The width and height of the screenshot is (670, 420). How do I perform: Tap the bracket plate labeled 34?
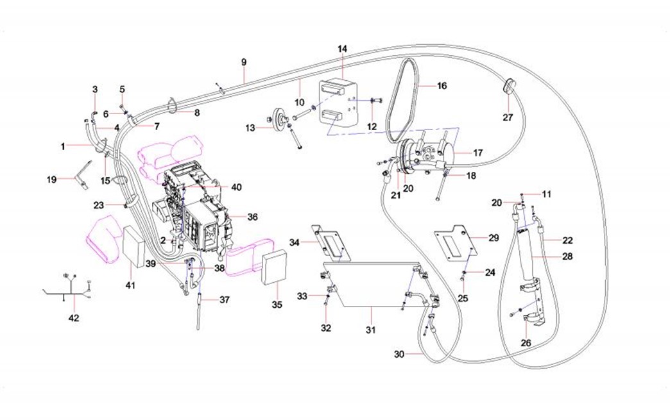(x=333, y=244)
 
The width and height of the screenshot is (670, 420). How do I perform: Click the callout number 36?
(x=252, y=217)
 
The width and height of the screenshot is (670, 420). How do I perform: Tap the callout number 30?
(x=399, y=354)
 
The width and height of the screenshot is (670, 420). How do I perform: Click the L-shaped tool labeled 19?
(x=81, y=174)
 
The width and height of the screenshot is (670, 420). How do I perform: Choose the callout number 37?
(x=224, y=299)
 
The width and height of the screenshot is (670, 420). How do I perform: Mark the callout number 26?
(x=526, y=343)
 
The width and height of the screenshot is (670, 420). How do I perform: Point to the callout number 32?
(x=326, y=328)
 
